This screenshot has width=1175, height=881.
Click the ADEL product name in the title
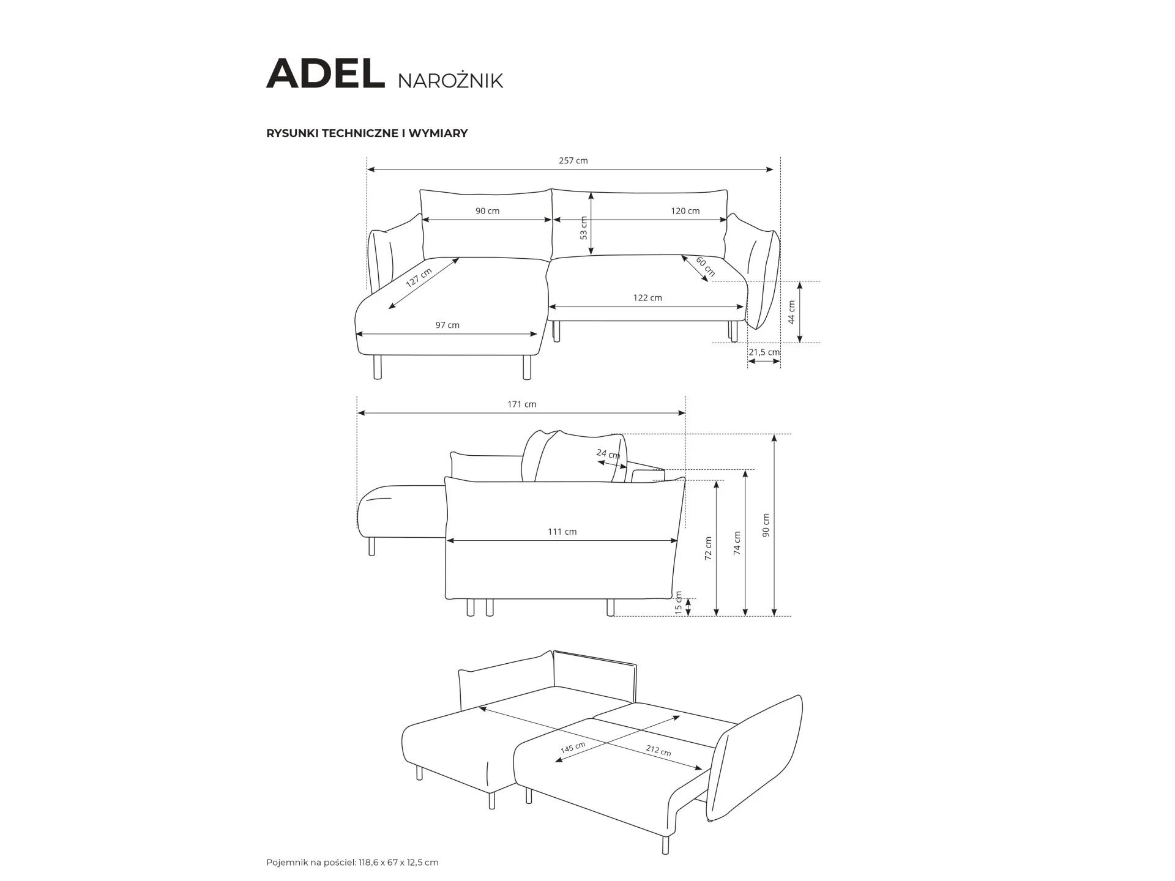tap(326, 74)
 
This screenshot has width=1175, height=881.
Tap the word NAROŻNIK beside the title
tap(450, 80)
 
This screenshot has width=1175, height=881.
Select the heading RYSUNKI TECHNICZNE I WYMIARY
tap(367, 133)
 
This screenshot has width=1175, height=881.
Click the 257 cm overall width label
tap(573, 161)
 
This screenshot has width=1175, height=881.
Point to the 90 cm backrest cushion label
tap(488, 211)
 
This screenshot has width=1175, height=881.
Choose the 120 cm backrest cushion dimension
tap(685, 211)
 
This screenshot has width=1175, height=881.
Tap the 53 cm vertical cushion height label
tap(584, 228)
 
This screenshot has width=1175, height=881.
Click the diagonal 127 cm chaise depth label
tap(419, 278)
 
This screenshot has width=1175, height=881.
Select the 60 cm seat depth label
tap(705, 267)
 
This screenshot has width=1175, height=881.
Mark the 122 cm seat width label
tap(647, 298)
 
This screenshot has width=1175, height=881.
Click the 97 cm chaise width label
tap(447, 325)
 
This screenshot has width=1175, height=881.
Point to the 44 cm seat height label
tap(791, 312)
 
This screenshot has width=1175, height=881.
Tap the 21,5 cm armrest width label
tap(764, 352)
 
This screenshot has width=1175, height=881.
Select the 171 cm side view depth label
tap(522, 404)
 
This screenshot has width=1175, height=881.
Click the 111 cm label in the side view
tap(562, 532)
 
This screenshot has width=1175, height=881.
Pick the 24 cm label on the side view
tap(608, 454)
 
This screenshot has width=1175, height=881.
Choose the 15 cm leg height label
tap(678, 603)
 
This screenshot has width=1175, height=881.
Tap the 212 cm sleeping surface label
tap(658, 751)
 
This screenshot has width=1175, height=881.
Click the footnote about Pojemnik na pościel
tap(352, 863)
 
